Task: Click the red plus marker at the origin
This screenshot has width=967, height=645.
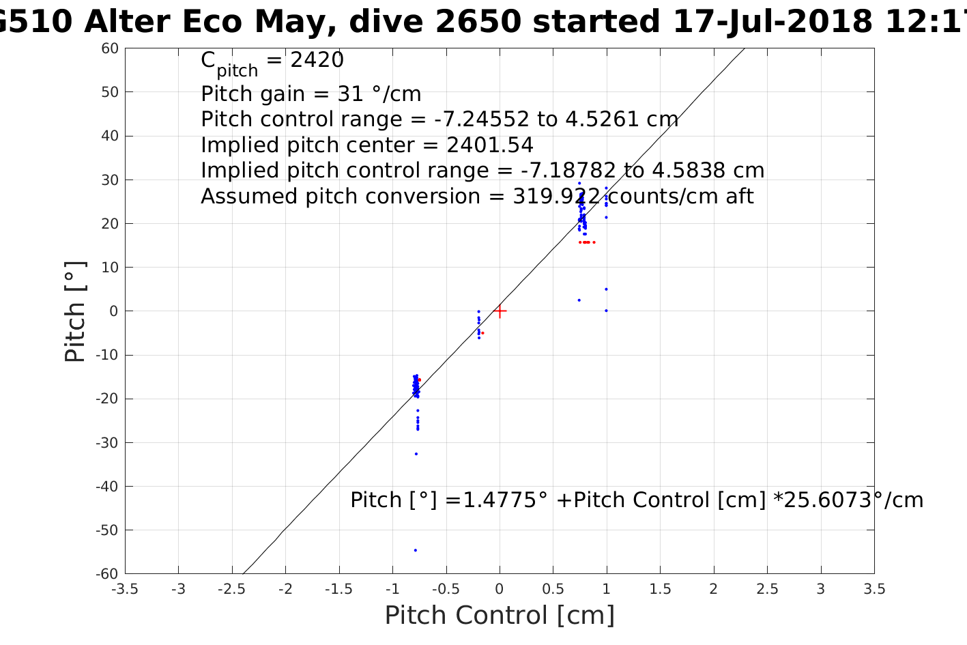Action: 500,311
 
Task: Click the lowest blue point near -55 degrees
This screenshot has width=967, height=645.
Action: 415,550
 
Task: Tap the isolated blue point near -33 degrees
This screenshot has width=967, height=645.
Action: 416,454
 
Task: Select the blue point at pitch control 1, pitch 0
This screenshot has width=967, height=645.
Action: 606,311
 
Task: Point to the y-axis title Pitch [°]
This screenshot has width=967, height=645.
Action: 75,311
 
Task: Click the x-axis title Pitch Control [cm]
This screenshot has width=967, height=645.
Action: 500,615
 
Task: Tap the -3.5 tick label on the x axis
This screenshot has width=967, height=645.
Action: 124,589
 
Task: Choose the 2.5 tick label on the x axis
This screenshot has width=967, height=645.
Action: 767,589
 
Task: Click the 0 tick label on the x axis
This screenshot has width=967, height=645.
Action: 500,589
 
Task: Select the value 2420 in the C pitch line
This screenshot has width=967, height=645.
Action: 317,60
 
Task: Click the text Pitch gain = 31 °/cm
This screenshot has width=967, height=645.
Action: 311,94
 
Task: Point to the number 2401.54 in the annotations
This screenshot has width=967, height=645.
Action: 490,145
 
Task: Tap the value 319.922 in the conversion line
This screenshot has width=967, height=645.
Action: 557,197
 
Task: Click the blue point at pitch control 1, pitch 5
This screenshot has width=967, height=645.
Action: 606,289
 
